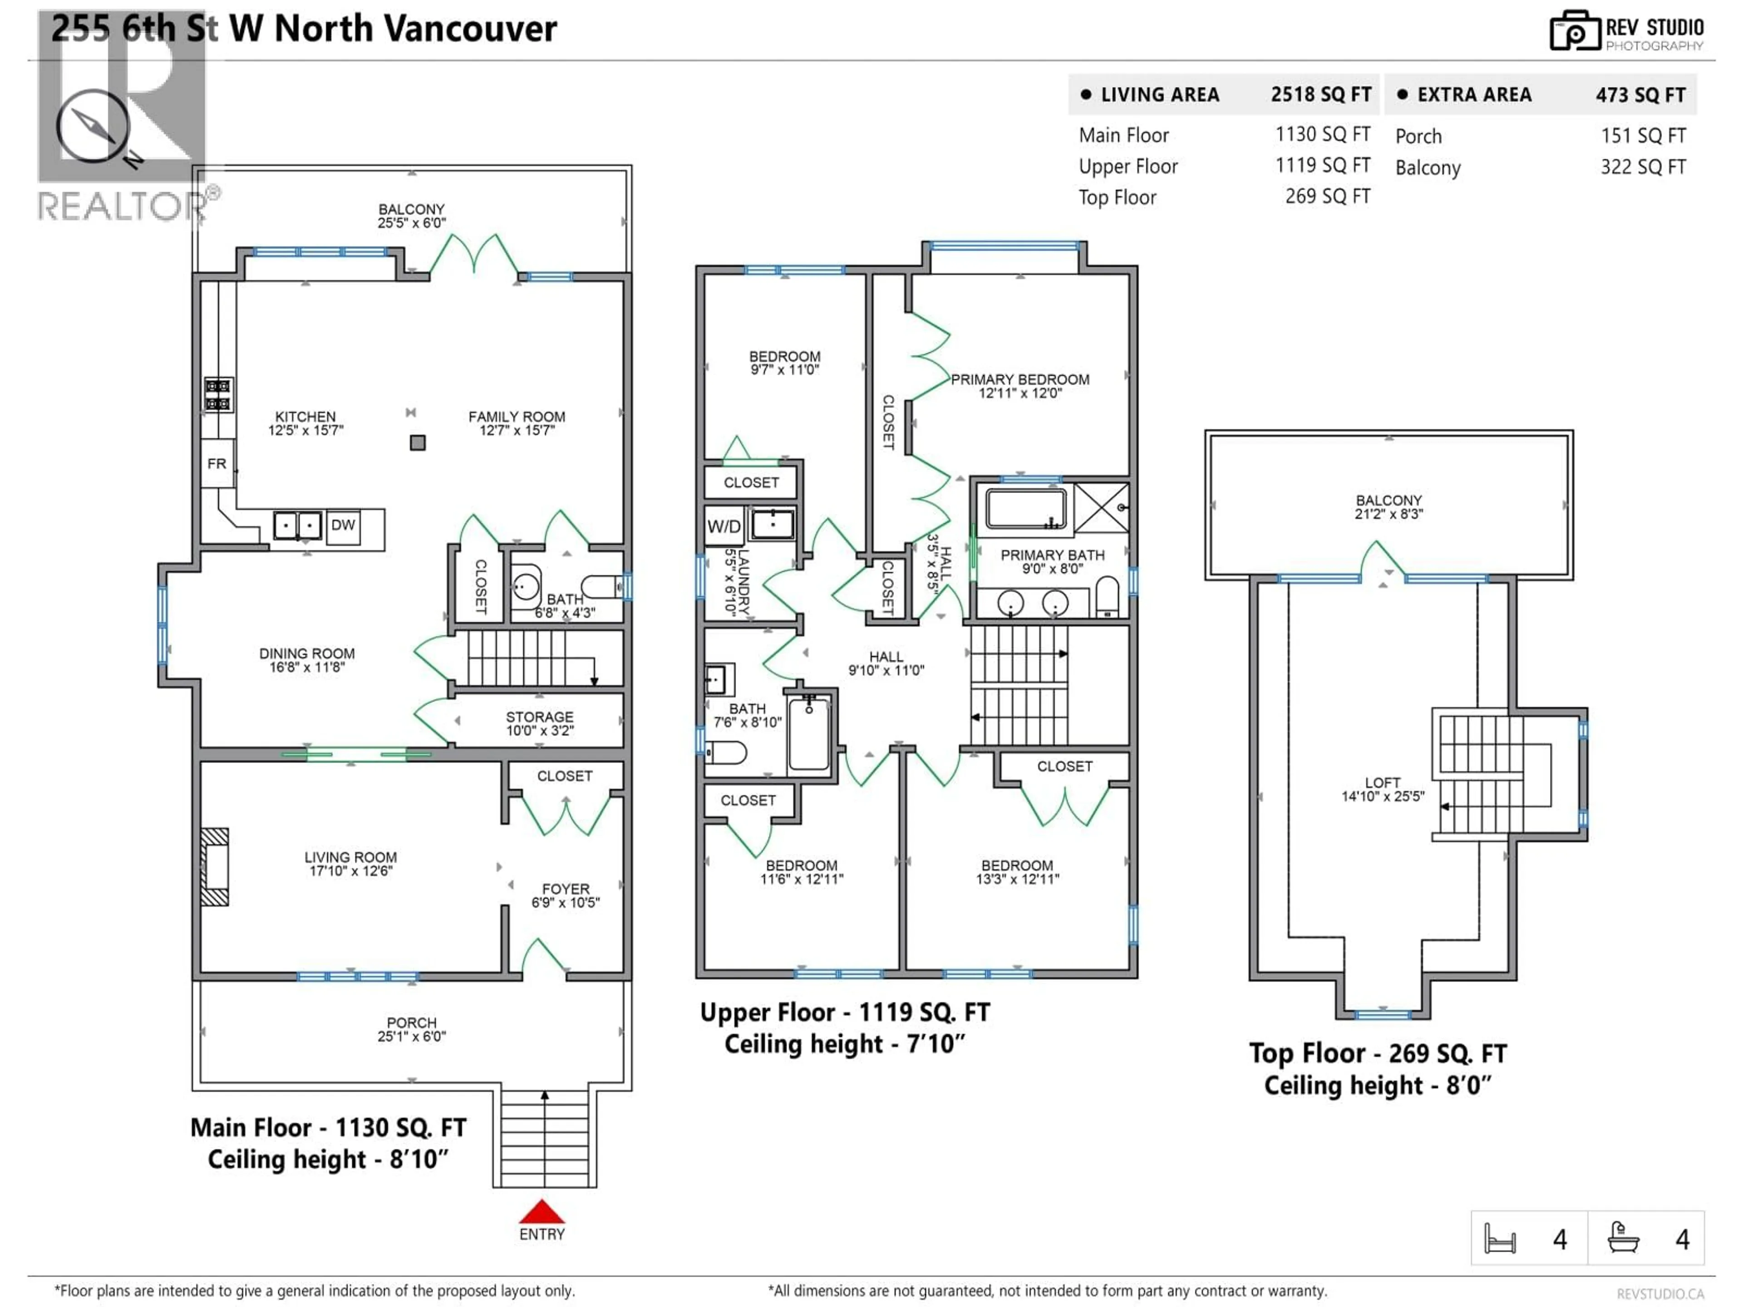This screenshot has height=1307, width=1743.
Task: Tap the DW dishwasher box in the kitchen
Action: (343, 526)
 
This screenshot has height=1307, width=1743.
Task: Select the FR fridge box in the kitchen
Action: (217, 464)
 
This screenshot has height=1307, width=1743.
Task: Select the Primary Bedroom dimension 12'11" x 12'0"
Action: (1019, 393)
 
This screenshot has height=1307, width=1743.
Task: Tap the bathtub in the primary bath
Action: (1025, 508)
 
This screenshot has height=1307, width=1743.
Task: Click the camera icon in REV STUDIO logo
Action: (1574, 31)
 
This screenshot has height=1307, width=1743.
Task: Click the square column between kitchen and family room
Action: (418, 443)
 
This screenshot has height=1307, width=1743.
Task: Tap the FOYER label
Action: (565, 889)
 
